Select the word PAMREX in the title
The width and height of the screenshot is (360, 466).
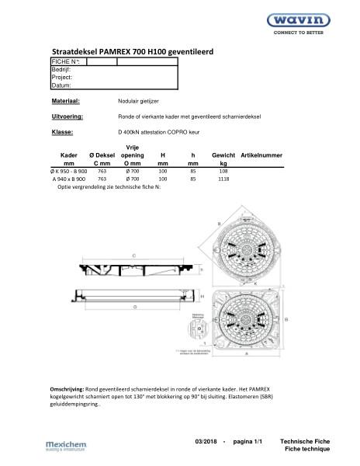coord(126,52)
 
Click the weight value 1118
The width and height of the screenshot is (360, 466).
coord(223,179)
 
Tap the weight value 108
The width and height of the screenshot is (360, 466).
coord(223,171)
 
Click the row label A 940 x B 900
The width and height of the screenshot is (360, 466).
coord(69,179)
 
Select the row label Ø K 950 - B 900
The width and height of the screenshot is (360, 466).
coord(68,171)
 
